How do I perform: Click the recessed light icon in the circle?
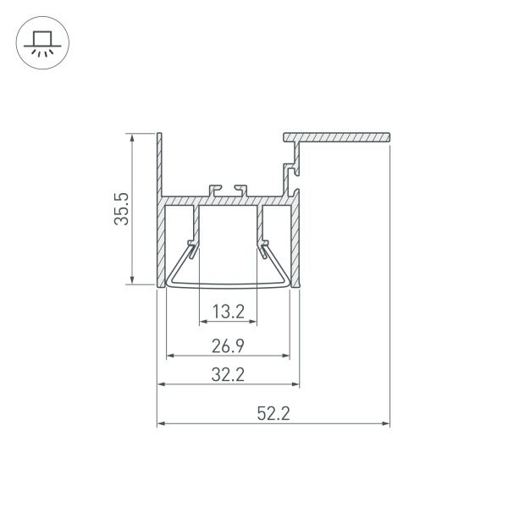coord(38,42)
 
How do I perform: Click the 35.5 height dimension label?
coord(121,209)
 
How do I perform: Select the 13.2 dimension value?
coord(228,312)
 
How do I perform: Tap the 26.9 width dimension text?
coord(228,345)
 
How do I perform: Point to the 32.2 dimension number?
coord(228,375)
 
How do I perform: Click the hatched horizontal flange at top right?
coord(339,136)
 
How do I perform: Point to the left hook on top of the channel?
coord(212,186)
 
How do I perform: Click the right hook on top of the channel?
coord(243,186)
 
